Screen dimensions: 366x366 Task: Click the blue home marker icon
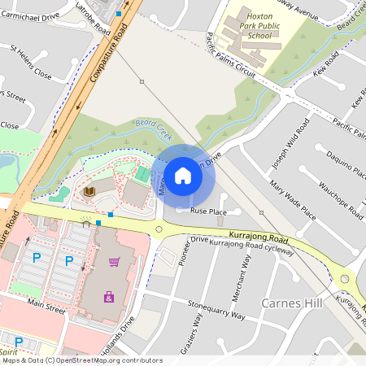[183, 175]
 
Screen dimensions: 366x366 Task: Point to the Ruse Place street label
[208, 211]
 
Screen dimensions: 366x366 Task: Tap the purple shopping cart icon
[114, 261]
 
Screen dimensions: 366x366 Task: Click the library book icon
[89, 191]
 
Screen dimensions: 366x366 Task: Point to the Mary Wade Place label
[293, 201]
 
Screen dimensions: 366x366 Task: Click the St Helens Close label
[31, 63]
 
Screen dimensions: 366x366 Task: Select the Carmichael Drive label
[32, 15]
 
